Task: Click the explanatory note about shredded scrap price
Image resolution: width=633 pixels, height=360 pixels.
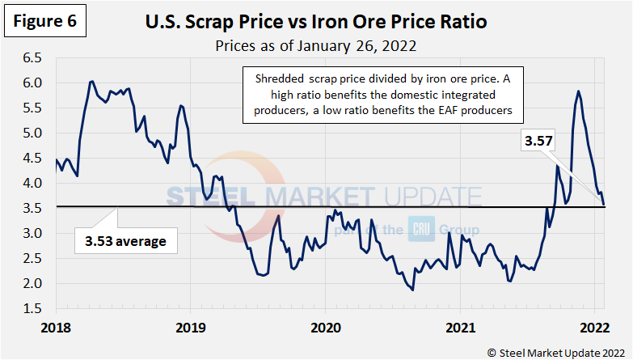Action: (x=383, y=94)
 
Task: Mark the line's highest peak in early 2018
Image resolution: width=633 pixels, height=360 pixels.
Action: (x=91, y=81)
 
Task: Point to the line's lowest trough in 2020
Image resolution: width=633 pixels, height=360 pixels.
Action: (x=412, y=290)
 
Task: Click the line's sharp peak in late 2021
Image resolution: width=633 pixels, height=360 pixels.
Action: (x=578, y=91)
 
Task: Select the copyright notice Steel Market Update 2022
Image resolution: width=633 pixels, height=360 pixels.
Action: (x=555, y=350)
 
